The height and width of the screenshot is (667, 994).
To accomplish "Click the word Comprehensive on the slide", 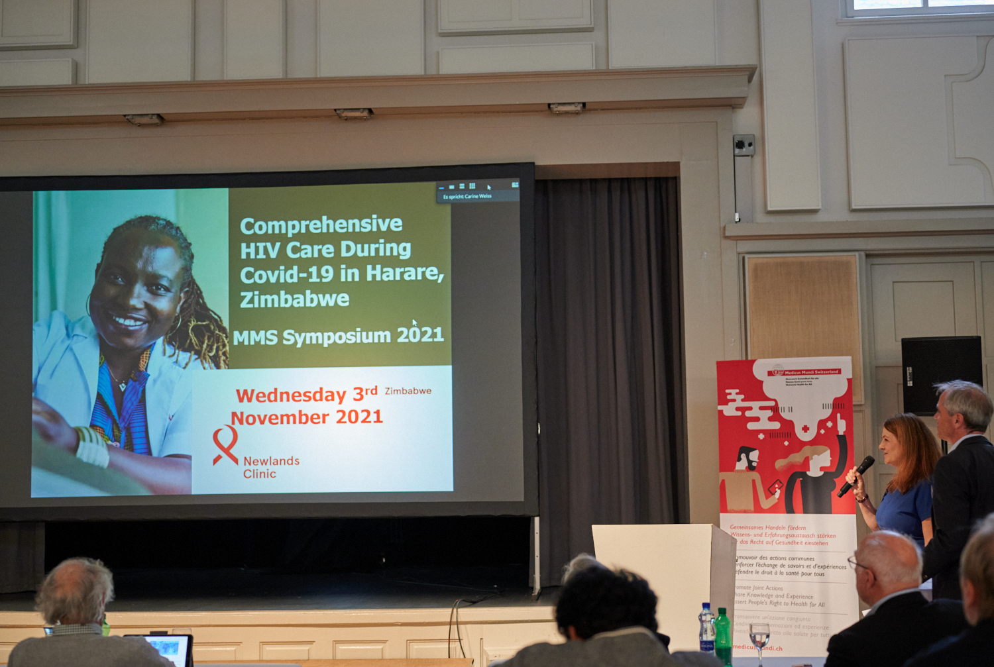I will tap(321, 225).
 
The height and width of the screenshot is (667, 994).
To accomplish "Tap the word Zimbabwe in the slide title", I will tap(294, 299).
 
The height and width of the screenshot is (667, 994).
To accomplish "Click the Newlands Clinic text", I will tap(270, 467).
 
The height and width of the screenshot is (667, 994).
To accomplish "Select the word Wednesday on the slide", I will tap(291, 395).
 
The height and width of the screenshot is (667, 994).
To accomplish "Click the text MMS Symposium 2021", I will tap(338, 336).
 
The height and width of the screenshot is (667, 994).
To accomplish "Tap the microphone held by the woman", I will tap(856, 475).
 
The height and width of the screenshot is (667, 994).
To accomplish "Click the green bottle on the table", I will tap(723, 637).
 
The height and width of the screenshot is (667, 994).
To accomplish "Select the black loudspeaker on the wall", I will tap(941, 374).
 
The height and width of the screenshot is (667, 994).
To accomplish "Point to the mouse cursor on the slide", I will tap(414, 323).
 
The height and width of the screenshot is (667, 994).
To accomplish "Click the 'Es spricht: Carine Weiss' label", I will tap(468, 196).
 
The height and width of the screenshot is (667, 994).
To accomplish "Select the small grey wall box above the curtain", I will tap(744, 145).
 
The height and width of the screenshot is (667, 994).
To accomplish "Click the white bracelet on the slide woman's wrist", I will tap(92, 446).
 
